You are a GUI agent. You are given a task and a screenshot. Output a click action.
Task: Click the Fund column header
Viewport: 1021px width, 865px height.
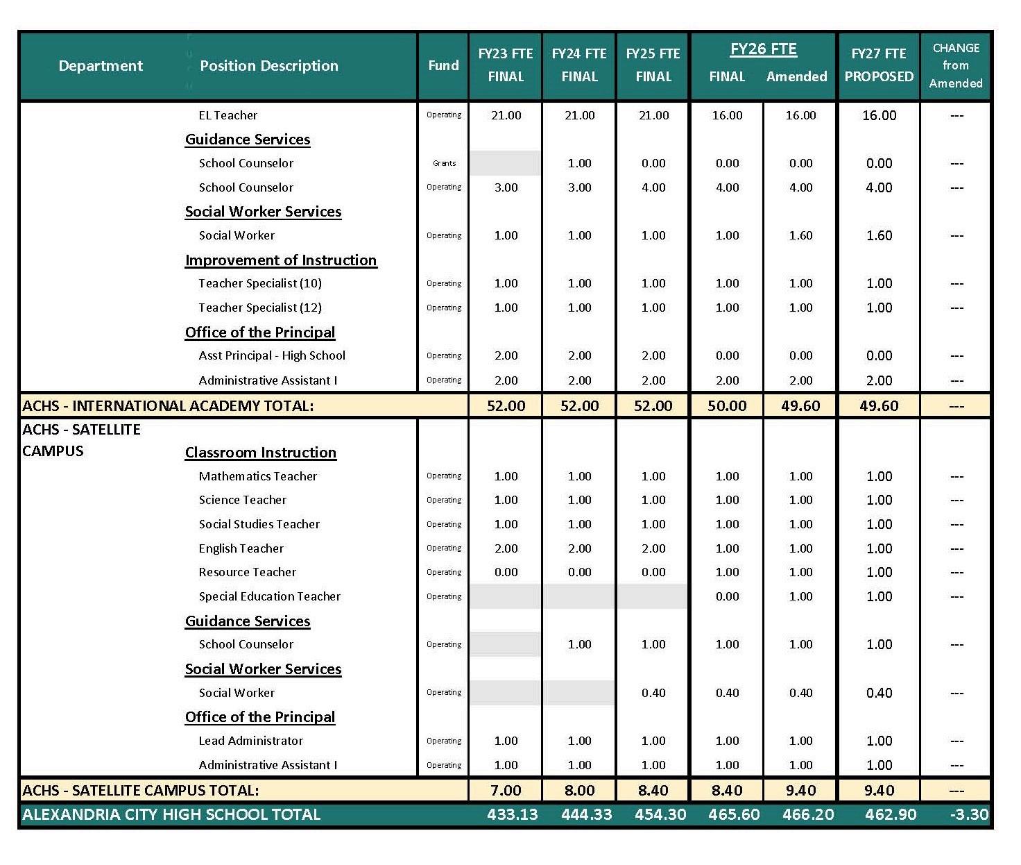click(x=443, y=65)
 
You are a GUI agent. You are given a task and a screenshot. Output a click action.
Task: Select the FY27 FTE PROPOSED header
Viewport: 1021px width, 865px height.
click(x=879, y=65)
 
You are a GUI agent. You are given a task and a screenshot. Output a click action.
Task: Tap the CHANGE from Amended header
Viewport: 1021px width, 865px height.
click(x=956, y=65)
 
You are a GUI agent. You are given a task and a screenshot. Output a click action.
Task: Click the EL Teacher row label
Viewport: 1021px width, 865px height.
click(x=228, y=115)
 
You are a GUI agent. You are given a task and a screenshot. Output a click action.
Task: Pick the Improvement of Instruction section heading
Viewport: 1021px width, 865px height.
click(x=281, y=260)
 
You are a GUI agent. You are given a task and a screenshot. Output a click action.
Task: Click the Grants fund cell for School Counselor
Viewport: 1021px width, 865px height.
click(x=444, y=164)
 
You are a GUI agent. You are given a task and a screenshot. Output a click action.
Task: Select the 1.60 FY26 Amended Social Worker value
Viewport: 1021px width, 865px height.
click(x=800, y=236)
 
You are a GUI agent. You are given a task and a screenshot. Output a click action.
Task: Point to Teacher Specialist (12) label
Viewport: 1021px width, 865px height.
click(x=260, y=308)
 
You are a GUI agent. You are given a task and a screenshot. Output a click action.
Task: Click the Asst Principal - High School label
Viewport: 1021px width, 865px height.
click(x=272, y=355)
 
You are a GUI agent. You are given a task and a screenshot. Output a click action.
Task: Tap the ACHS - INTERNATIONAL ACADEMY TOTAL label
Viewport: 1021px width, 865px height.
click(x=168, y=406)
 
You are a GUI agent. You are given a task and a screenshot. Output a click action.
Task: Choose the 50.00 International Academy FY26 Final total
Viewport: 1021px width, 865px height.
click(x=727, y=406)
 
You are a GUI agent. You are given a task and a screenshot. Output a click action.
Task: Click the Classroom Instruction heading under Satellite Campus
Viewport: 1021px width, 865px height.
click(x=260, y=453)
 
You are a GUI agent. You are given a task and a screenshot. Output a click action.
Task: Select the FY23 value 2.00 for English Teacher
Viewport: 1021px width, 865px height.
click(x=506, y=548)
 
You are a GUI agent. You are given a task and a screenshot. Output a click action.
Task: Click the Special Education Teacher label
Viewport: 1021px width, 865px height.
click(x=270, y=596)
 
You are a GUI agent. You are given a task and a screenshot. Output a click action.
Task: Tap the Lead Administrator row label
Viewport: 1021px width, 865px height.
click(x=250, y=741)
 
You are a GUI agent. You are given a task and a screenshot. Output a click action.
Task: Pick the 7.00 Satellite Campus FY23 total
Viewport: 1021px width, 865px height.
click(x=506, y=791)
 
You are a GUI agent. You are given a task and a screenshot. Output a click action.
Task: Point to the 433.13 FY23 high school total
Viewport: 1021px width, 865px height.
click(x=513, y=814)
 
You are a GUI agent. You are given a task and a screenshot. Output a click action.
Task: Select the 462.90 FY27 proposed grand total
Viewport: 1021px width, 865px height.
click(x=891, y=814)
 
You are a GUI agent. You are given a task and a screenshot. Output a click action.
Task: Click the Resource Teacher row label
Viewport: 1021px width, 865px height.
click(x=247, y=572)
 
